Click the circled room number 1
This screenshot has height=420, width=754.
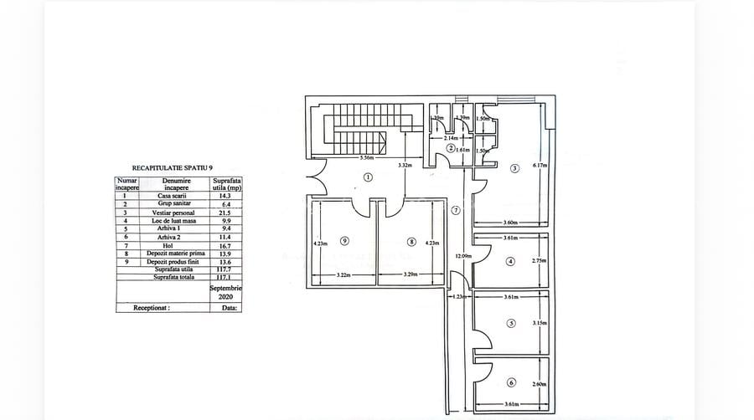coord(367,177)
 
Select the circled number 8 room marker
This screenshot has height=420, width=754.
coord(411,242)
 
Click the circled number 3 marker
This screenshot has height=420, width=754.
coord(514,166)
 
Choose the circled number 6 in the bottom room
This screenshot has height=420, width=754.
coord(512,382)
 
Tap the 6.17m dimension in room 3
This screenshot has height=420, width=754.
coord(539,165)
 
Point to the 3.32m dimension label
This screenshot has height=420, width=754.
coord(405,166)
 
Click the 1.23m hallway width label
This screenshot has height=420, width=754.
coord(458,297)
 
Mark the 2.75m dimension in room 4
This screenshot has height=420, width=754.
coord(539,261)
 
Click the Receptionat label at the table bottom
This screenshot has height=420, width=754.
coord(152,307)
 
